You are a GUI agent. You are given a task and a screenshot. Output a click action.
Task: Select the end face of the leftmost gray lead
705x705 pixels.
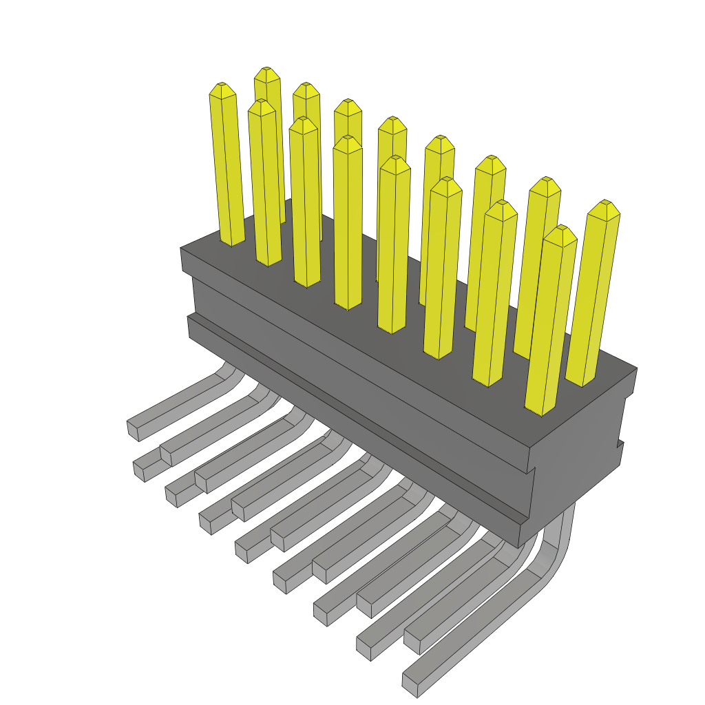(x=132, y=430)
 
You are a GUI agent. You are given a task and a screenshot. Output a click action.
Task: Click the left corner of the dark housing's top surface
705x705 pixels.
(x=182, y=248)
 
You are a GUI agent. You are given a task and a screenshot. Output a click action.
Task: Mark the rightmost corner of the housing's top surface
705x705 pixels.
(x=636, y=369)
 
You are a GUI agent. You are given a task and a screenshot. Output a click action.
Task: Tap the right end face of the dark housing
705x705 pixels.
(x=578, y=454)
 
